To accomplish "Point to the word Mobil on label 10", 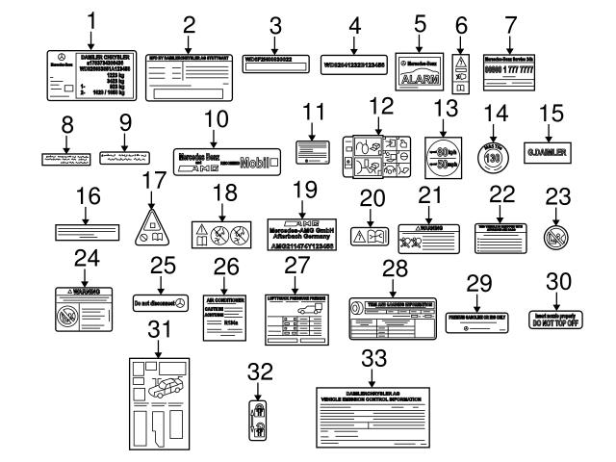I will (259, 163).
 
